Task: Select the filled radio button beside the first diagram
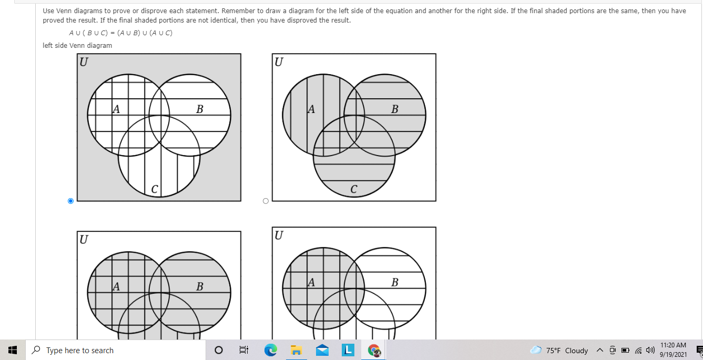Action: tap(70, 201)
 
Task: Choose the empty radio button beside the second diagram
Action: tap(266, 201)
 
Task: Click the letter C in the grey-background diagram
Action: tap(155, 189)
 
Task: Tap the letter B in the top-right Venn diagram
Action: tap(394, 109)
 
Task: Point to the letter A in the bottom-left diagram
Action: tap(116, 286)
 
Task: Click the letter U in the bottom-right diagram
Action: tap(279, 235)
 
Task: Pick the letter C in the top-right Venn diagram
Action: tap(354, 189)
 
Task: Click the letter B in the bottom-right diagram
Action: tap(394, 282)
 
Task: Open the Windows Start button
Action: tap(13, 350)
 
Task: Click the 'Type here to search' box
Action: tap(116, 350)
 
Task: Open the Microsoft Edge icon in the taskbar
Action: tap(271, 350)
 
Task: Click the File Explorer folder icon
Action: tap(296, 350)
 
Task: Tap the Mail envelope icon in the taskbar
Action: tap(322, 350)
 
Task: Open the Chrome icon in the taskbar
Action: tap(374, 350)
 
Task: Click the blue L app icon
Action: tap(348, 350)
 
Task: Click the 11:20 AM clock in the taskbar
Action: tap(673, 345)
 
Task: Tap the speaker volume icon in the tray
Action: tap(650, 350)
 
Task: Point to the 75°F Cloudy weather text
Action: tap(567, 351)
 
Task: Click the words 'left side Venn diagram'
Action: tap(77, 46)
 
